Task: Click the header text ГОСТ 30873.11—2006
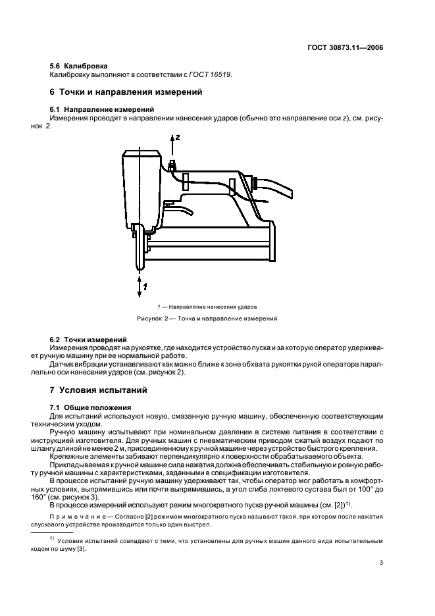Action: point(344,48)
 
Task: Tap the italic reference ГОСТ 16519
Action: point(210,74)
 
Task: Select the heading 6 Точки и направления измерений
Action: point(126,92)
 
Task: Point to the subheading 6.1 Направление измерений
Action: point(102,109)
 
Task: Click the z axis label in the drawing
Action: point(178,137)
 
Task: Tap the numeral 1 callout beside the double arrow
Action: point(145,287)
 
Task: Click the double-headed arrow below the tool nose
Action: point(140,288)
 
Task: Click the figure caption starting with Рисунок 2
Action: point(207,319)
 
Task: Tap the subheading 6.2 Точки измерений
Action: point(88,340)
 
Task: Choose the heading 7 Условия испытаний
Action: point(98,390)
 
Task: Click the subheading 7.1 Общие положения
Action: point(90,407)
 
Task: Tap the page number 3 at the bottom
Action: point(381,563)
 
